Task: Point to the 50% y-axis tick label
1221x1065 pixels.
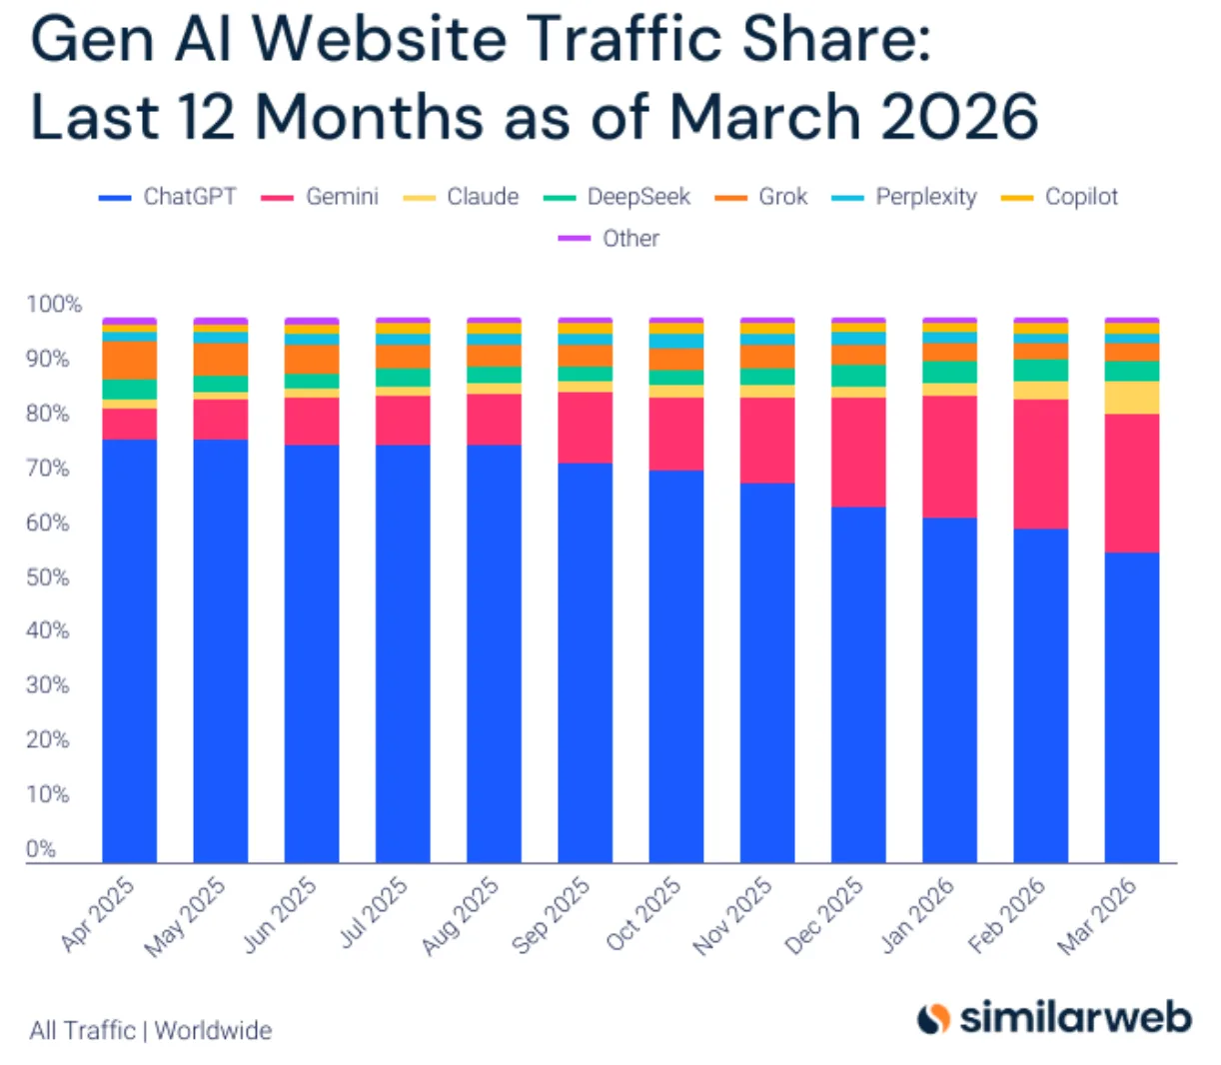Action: pos(47,577)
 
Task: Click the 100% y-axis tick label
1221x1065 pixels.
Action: pos(53,305)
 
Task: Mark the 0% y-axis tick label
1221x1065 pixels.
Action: pos(41,849)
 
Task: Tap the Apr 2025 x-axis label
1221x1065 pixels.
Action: pos(99,914)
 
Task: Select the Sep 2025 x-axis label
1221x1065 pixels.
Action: pos(553,914)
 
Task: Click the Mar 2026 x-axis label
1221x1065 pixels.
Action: pos(1098,915)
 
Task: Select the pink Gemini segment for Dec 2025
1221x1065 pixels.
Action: pos(858,452)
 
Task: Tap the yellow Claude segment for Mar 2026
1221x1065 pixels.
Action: pos(1131,398)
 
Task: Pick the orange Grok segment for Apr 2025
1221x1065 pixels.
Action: pos(129,360)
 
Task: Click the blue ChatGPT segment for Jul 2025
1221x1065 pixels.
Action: pos(403,653)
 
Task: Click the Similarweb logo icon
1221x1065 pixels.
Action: pos(933,1018)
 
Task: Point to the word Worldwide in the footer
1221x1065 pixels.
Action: pos(213,1031)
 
